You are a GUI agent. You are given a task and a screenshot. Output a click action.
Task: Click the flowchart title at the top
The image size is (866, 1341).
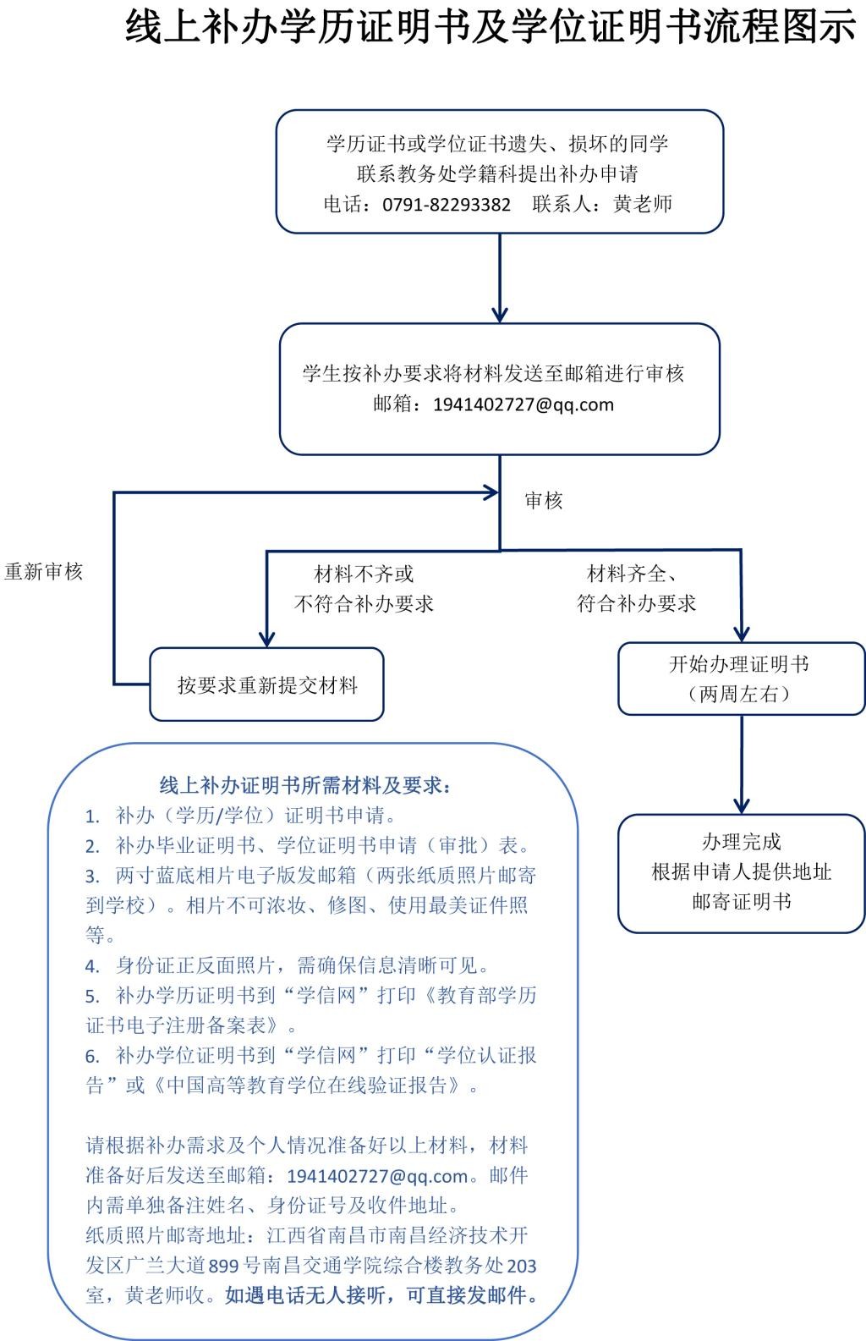pyautogui.click(x=491, y=27)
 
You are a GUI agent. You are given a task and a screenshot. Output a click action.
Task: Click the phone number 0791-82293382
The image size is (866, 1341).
pyautogui.click(x=446, y=205)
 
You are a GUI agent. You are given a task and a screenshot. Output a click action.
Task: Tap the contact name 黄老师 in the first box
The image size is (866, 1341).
pyautogui.click(x=643, y=204)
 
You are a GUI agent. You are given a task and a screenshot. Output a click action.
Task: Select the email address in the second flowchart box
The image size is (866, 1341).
pyautogui.click(x=523, y=404)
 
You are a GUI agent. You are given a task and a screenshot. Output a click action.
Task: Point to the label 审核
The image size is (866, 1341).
pyautogui.click(x=543, y=501)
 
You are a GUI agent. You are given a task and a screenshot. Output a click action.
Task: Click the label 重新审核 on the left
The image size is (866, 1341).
pyautogui.click(x=44, y=572)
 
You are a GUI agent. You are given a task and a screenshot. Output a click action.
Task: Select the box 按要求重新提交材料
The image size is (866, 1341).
pyautogui.click(x=267, y=684)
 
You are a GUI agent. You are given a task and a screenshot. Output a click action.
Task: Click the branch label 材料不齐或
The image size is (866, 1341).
pyautogui.click(x=364, y=574)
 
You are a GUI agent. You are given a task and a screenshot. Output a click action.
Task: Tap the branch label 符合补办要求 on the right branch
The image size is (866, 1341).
pyautogui.click(x=636, y=603)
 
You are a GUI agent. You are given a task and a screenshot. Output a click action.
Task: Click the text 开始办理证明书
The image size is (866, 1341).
pyautogui.click(x=740, y=664)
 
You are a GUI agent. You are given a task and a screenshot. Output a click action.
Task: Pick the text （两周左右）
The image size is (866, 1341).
pyautogui.click(x=740, y=694)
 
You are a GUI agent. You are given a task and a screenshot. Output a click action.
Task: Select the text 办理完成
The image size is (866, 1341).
pyautogui.click(x=741, y=842)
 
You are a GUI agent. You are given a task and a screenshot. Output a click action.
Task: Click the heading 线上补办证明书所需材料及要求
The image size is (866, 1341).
pyautogui.click(x=305, y=785)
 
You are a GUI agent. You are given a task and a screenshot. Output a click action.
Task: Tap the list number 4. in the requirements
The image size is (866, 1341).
pyautogui.click(x=93, y=965)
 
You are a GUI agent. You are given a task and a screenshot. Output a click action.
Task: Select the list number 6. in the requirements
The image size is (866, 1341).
pyautogui.click(x=93, y=1056)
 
